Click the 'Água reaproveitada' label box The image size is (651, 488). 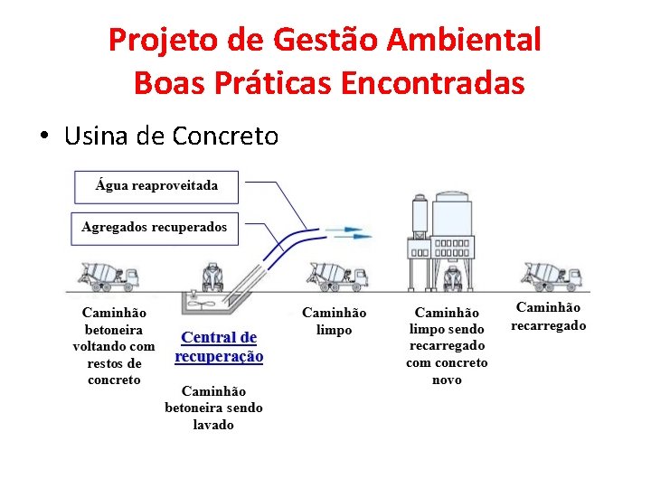click(x=156, y=186)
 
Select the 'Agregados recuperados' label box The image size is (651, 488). click(x=155, y=227)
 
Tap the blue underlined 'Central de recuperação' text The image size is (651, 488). click(x=219, y=347)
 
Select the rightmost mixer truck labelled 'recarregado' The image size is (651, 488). click(x=552, y=275)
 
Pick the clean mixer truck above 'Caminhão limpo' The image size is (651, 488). click(x=337, y=275)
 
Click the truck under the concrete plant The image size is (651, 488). click(x=451, y=277)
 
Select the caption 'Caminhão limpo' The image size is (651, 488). click(x=334, y=321)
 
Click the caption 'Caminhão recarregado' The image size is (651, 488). click(x=549, y=316)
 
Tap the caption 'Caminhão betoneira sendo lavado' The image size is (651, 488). click(x=213, y=408)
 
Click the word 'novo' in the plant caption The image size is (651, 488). click(x=447, y=380)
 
